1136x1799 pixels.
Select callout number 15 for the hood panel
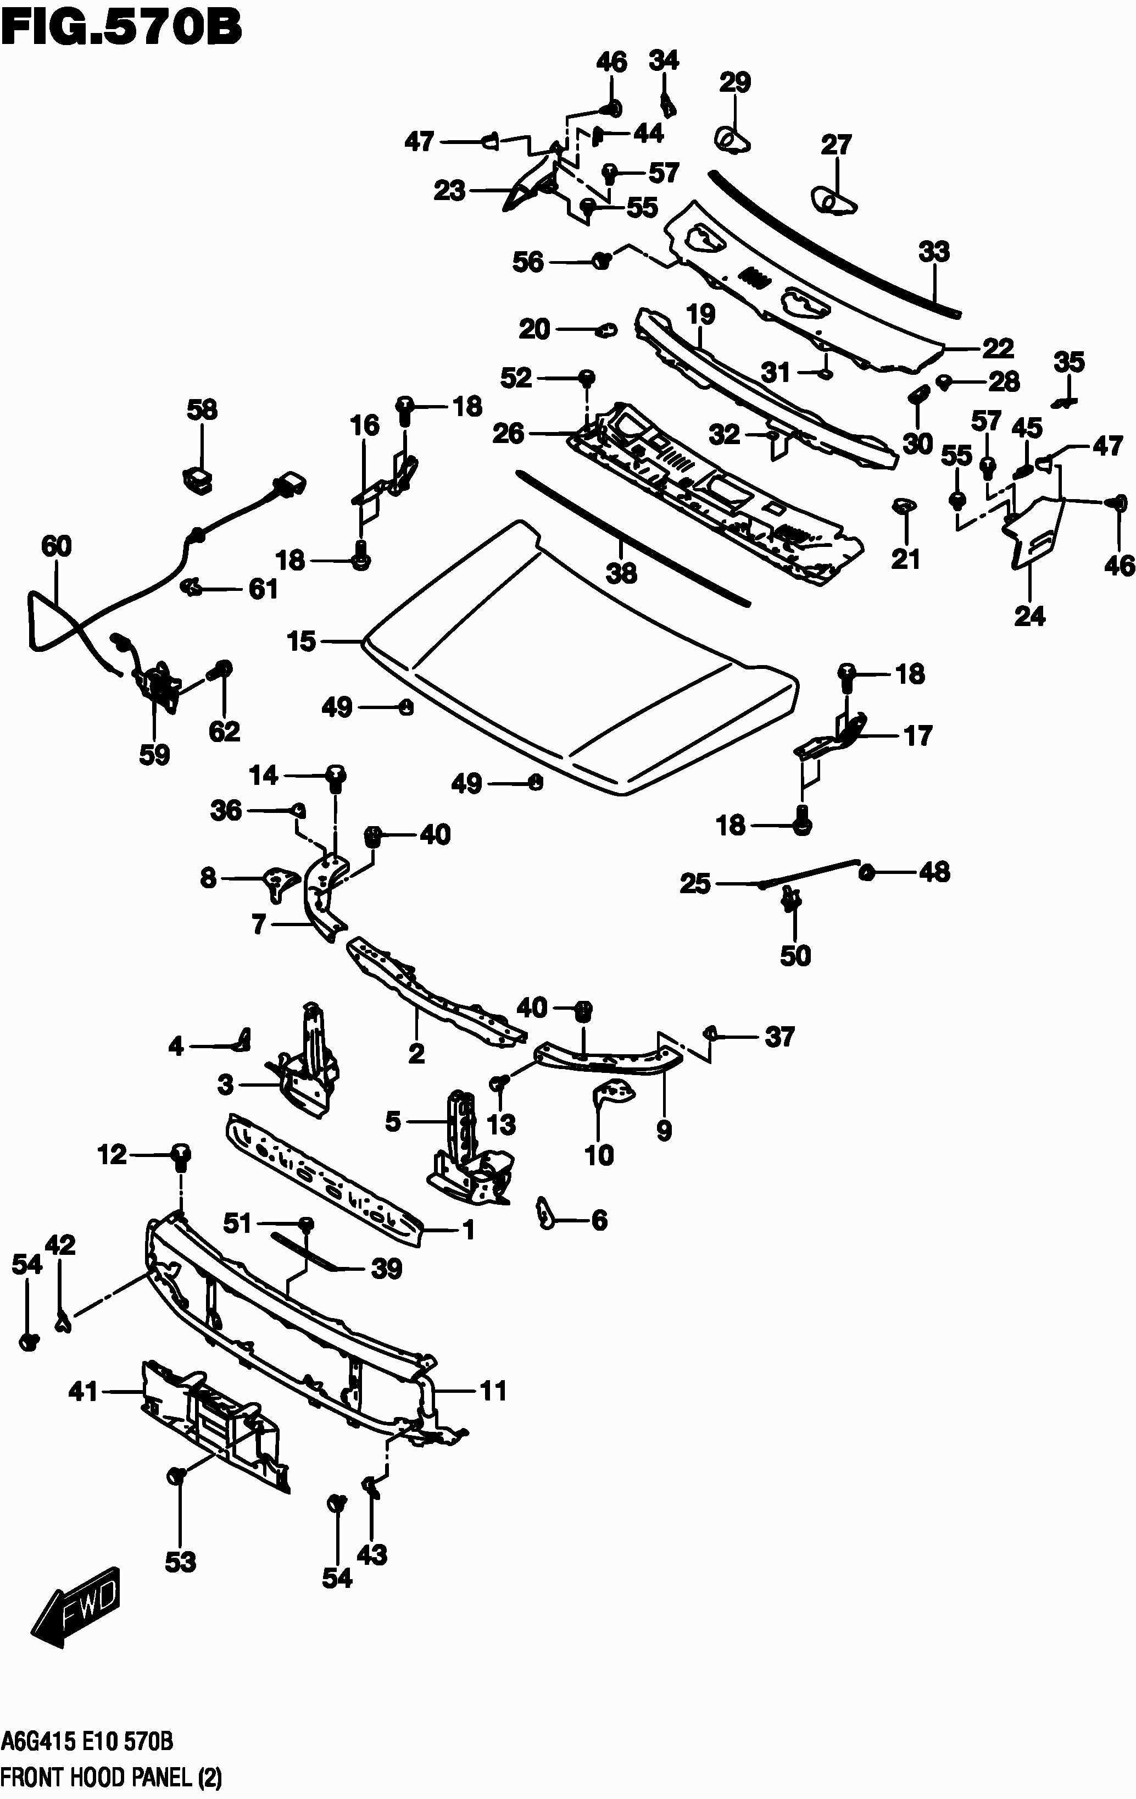coord(302,641)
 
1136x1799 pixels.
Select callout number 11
coord(493,1391)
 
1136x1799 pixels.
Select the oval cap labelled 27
coord(831,200)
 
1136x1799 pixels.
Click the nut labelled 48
coord(867,871)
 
